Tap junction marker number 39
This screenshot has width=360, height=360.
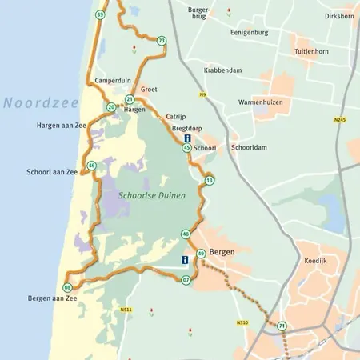point(100,14)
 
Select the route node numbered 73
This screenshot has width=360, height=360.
point(162,41)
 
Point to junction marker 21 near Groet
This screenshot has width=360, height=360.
point(129,99)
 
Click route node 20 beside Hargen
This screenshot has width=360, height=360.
point(111,106)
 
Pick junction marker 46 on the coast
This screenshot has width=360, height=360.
point(92,166)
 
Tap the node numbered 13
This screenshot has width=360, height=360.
point(209,181)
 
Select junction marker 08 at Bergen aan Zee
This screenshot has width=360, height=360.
point(67,287)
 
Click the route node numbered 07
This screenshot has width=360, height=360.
point(186,280)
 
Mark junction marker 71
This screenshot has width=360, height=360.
point(282,326)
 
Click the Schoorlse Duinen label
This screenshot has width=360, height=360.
point(151,194)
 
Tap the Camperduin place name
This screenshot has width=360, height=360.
point(113,81)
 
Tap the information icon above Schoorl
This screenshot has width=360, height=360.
point(187,138)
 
